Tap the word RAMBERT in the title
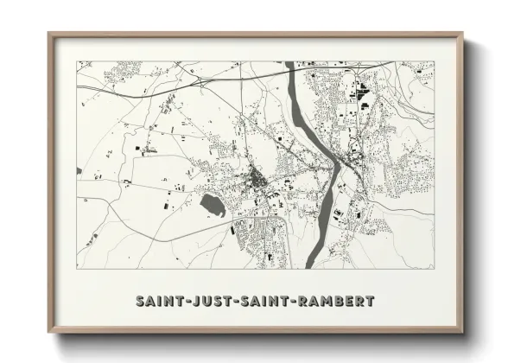pyautogui.click(x=336, y=302)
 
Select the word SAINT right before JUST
pyautogui.click(x=161, y=302)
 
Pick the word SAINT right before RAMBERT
pyautogui.click(x=264, y=302)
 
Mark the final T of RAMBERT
pyautogui.click(x=371, y=302)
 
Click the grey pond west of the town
pyautogui.click(x=213, y=205)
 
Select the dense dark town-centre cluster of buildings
pyautogui.click(x=257, y=179)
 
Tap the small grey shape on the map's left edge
pyautogui.click(x=79, y=170)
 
